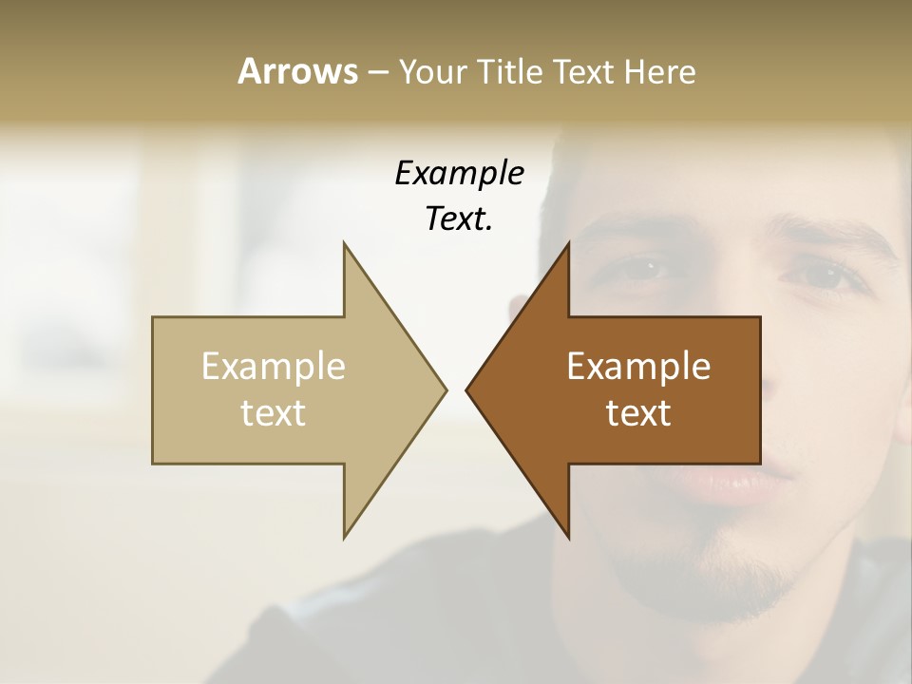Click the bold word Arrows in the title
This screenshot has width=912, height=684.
click(x=297, y=71)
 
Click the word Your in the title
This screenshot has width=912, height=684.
click(x=432, y=71)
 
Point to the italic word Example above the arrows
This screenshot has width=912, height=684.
click(x=459, y=174)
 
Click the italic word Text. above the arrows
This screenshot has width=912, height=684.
click(x=459, y=219)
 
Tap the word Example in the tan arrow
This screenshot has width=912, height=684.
click(x=274, y=366)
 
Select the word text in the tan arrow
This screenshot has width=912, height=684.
click(x=274, y=412)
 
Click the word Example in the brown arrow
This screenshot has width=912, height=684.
click(x=638, y=366)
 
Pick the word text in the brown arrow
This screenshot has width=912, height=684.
click(x=638, y=412)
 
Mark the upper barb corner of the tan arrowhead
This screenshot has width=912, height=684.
click(x=344, y=243)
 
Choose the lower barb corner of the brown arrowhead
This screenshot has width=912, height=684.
click(x=569, y=538)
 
